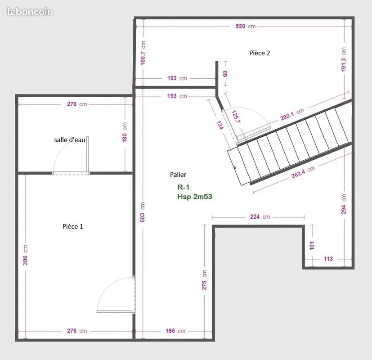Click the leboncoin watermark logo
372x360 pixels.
coord(30,12)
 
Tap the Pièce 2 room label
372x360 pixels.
coord(260,53)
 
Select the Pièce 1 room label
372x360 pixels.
coord(72,226)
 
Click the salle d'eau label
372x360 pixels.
coord(70,140)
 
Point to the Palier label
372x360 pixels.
coord(178,175)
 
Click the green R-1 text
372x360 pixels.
coord(183,187)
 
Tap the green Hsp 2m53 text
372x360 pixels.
coord(194,197)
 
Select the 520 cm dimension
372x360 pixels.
coord(246,27)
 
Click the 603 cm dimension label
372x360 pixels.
coord(142,212)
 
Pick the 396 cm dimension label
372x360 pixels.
coord(25,255)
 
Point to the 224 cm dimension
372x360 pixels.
coord(260,216)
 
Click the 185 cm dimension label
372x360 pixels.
coord(175,331)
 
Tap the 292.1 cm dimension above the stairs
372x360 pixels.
coord(292,114)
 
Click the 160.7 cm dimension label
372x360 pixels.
coord(143,53)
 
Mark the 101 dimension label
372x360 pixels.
coord(312,246)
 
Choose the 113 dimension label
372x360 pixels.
coord(328,259)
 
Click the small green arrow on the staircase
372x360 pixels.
coord(235,168)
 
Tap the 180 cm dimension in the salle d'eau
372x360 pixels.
coord(125,132)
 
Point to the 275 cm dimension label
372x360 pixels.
coord(204,280)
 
